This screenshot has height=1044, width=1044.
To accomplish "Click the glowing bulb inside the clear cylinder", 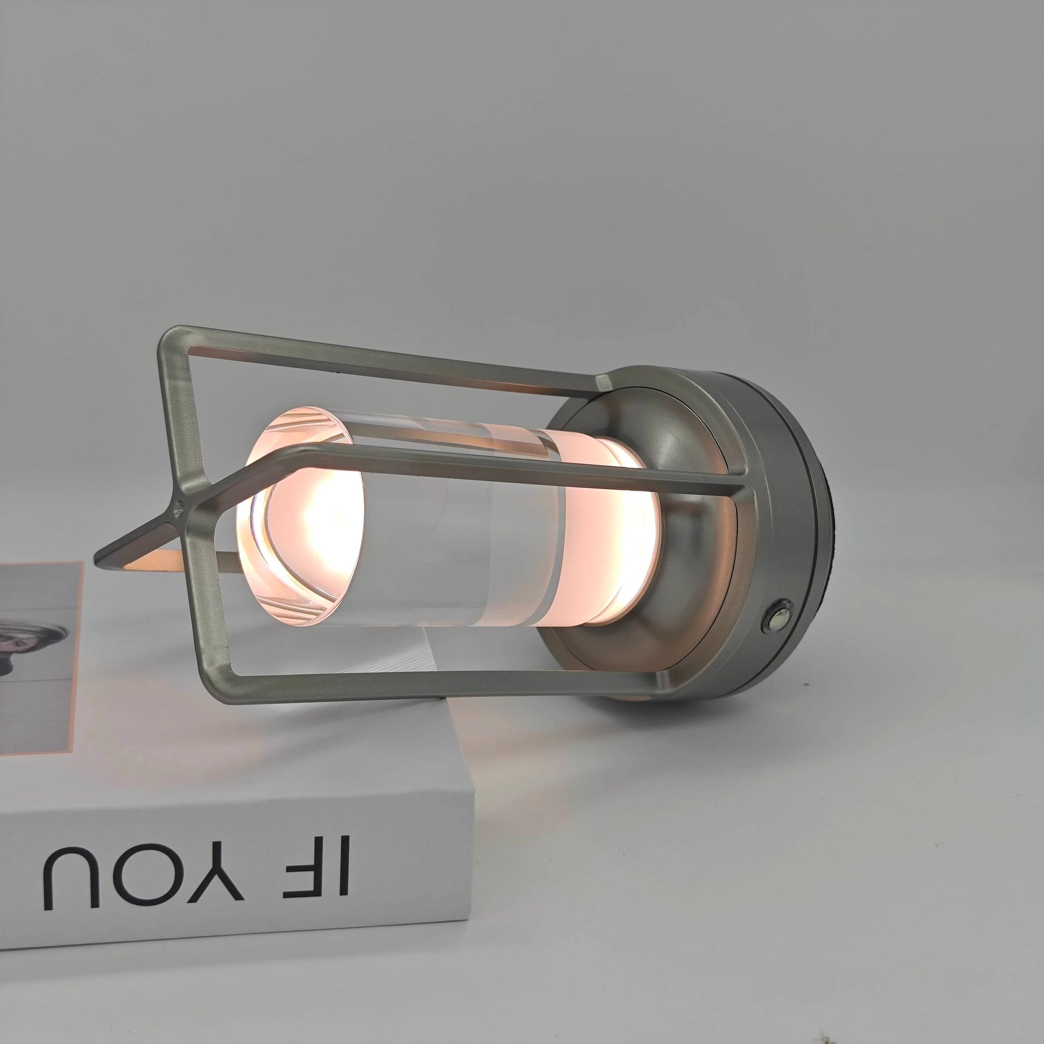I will tap(313, 519).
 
